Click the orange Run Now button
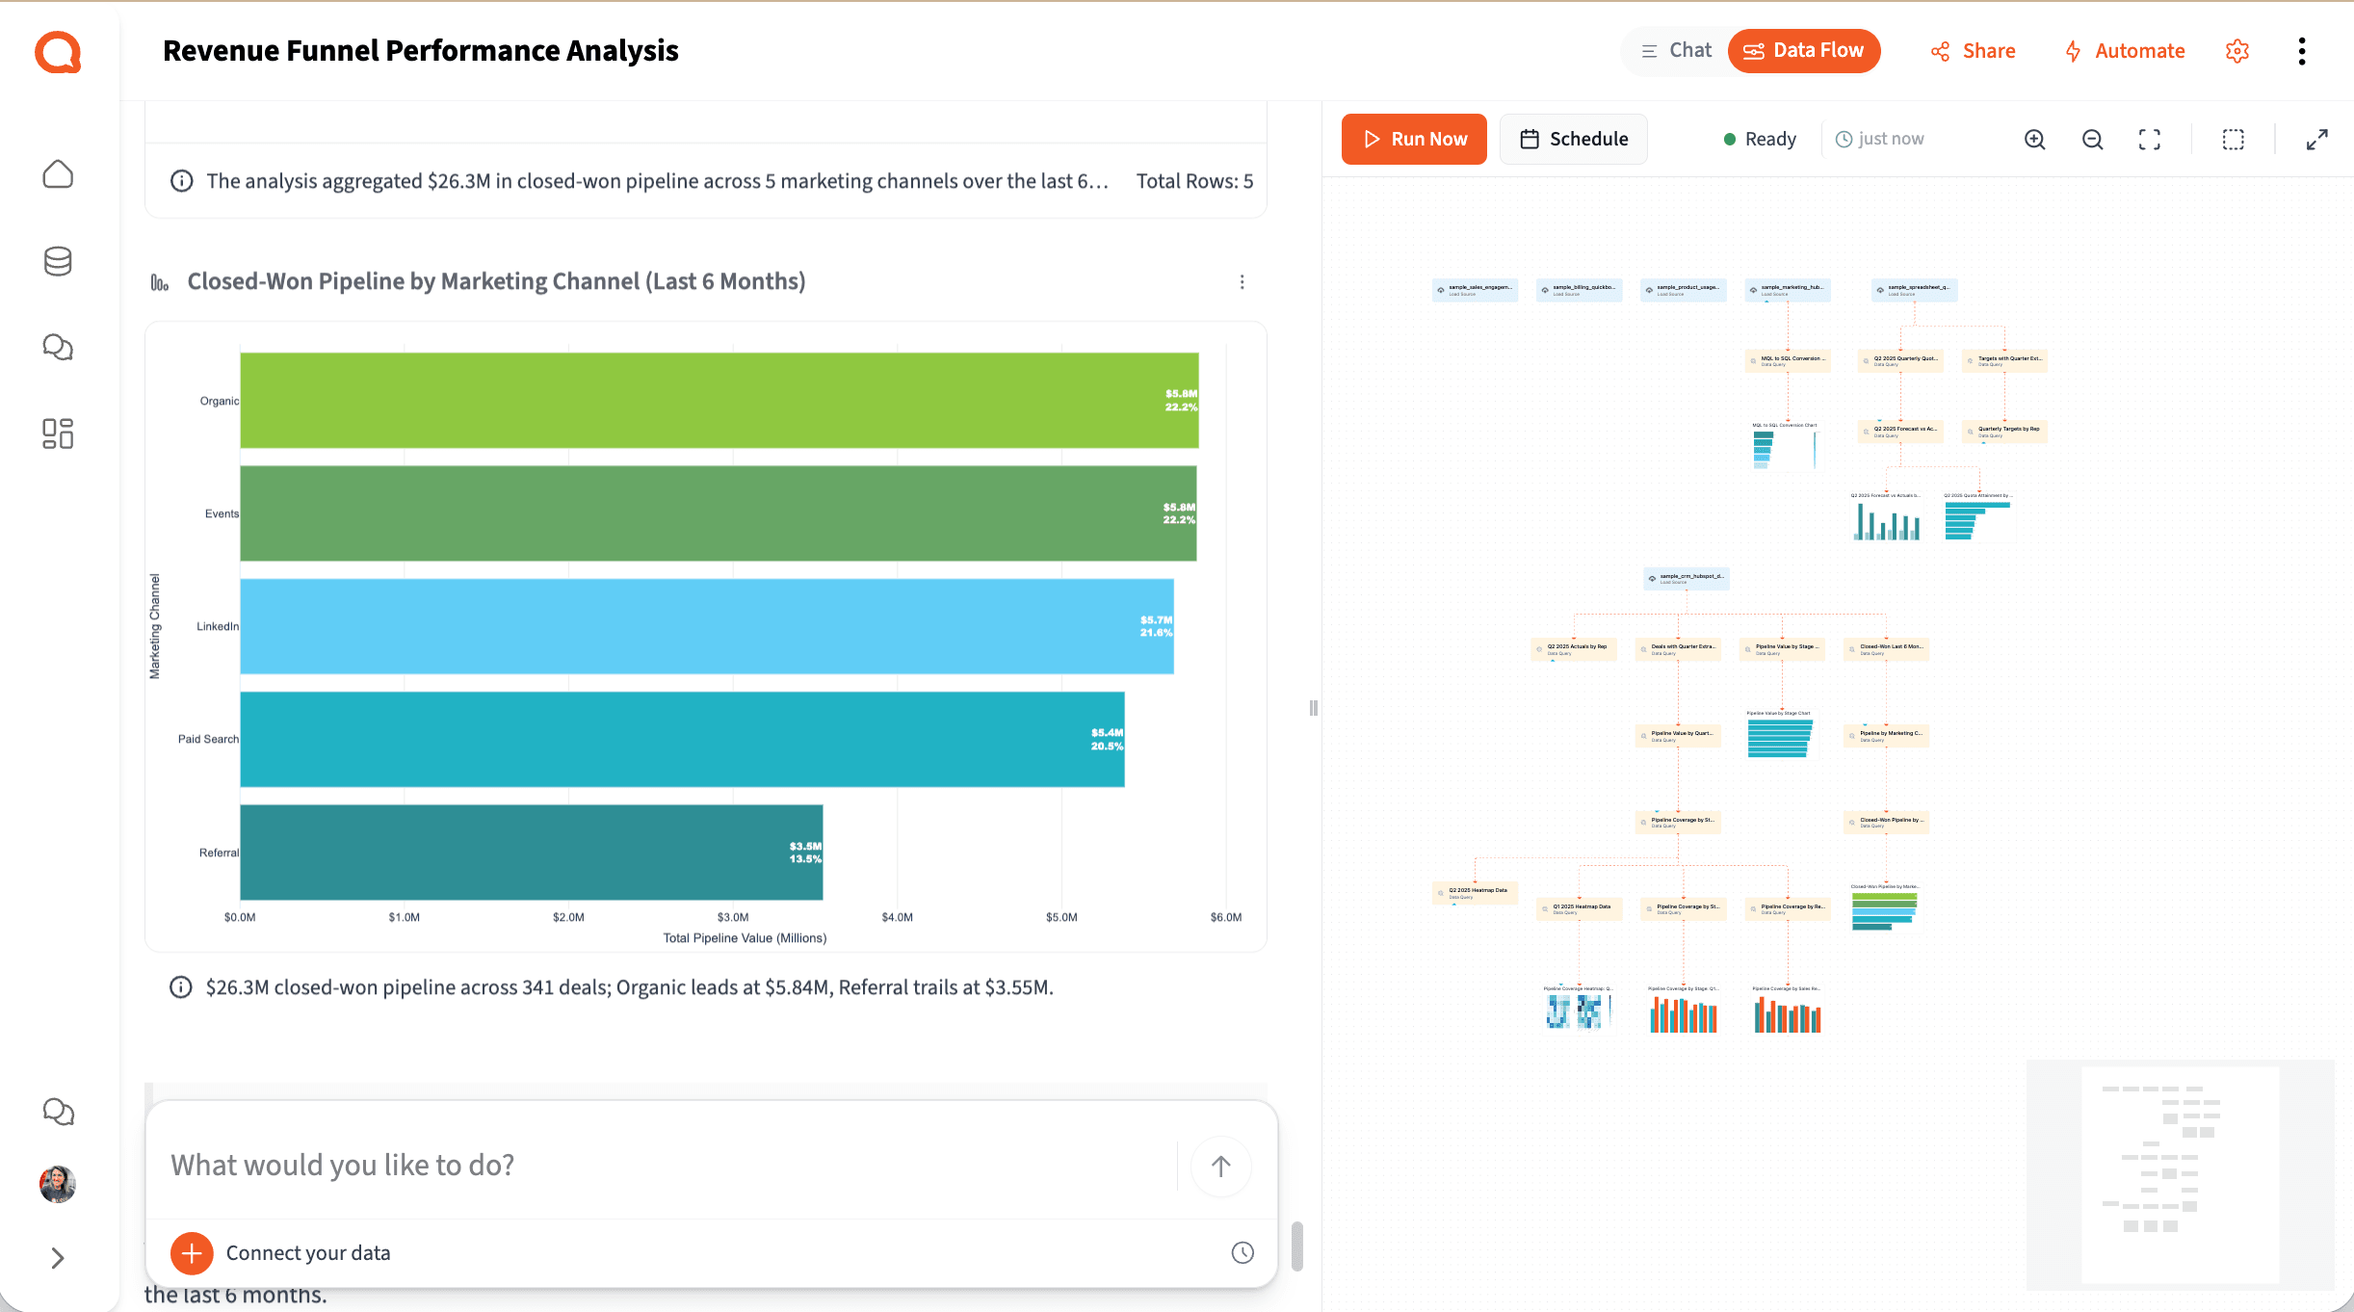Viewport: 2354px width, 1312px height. click(1413, 139)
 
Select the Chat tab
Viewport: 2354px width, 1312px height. click(1677, 50)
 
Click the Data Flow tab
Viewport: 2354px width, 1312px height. click(1803, 50)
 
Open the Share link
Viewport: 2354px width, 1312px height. click(1973, 51)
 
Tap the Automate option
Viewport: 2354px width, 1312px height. click(2124, 51)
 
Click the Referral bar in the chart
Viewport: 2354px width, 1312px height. click(531, 853)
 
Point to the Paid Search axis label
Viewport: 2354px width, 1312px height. click(208, 739)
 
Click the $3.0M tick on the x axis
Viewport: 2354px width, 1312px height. click(733, 917)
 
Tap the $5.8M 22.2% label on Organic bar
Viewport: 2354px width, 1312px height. click(1181, 400)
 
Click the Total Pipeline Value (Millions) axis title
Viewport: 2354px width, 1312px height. click(745, 937)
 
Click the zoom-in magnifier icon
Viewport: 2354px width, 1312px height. click(2034, 140)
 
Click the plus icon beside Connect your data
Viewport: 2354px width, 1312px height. click(192, 1252)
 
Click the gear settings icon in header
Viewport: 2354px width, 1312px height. click(2237, 51)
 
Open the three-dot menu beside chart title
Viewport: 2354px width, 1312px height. click(1242, 281)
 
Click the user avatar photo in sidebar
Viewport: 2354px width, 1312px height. click(58, 1184)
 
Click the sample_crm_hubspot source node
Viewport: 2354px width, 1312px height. click(1686, 578)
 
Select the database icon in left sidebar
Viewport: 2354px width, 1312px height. click(58, 261)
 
